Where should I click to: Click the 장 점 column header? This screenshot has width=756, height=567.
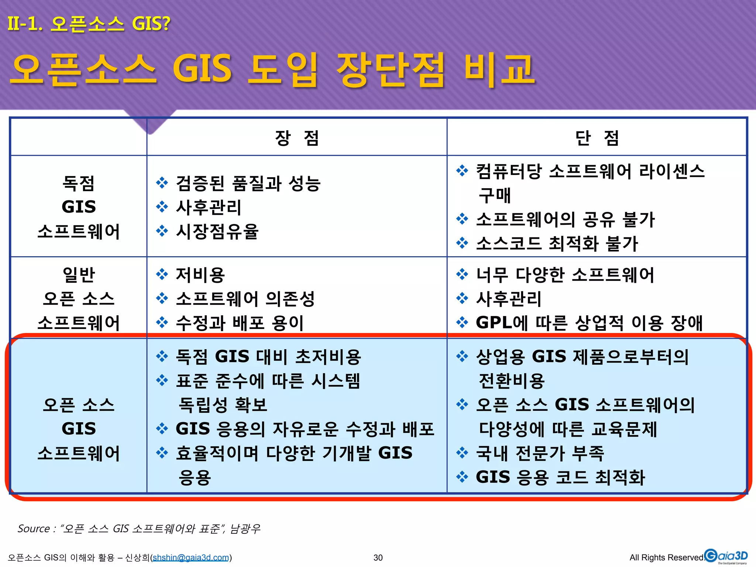[297, 138]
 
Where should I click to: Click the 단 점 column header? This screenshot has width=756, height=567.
[597, 138]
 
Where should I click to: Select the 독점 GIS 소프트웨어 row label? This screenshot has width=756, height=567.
[79, 207]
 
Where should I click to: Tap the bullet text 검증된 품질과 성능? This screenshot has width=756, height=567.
[248, 183]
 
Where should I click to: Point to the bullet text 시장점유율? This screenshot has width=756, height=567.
[217, 231]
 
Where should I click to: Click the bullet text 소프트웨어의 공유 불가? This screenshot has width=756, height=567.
[565, 220]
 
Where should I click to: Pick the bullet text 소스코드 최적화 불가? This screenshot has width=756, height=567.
[557, 244]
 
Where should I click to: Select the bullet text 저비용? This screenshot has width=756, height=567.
[200, 275]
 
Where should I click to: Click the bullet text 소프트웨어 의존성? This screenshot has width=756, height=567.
[245, 299]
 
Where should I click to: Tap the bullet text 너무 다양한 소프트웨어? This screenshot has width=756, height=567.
[565, 275]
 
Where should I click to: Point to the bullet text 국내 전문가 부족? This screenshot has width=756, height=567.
[540, 453]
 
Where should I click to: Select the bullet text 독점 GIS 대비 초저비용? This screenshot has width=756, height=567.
[268, 357]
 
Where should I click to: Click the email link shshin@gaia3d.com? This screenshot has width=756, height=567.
[191, 557]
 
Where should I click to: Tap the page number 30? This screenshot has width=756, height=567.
[378, 557]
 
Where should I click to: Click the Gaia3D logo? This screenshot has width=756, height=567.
[726, 556]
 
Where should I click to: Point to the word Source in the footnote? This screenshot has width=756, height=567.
[34, 529]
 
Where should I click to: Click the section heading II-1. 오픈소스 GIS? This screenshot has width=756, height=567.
[89, 24]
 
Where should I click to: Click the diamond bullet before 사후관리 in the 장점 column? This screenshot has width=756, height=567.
[162, 207]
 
